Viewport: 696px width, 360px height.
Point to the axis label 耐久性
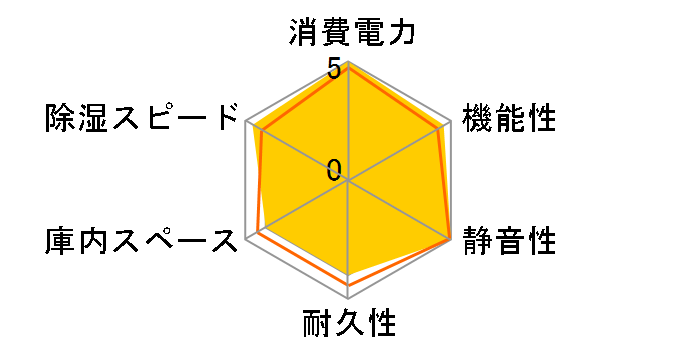[349, 325]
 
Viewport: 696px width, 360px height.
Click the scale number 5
[333, 71]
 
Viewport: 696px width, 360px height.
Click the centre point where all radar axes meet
[348, 181]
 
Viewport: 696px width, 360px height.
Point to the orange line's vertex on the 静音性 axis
[450, 240]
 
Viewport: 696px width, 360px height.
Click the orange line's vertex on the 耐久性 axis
[348, 285]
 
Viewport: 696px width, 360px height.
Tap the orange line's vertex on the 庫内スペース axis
[257, 233]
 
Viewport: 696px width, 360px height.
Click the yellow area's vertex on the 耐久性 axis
[348, 272]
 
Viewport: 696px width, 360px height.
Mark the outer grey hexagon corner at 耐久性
[348, 299]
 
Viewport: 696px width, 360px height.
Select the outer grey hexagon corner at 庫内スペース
[246, 240]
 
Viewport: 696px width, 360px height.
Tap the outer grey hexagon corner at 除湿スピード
[246, 122]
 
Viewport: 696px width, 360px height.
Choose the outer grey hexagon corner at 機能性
[450, 122]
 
